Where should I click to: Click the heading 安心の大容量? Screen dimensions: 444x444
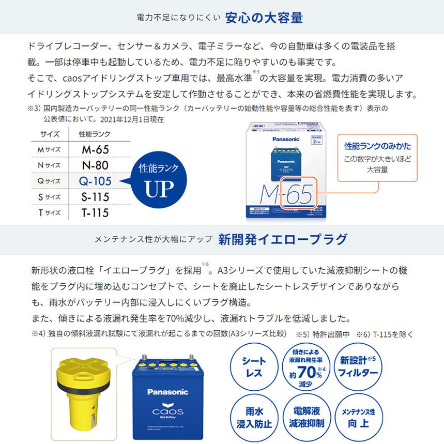click(264, 18)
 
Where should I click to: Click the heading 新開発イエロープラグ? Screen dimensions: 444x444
click(283, 239)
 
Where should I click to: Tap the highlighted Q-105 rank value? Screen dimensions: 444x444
click(95, 181)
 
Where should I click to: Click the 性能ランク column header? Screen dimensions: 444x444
click(94, 134)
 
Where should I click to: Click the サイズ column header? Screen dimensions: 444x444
click(50, 134)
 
